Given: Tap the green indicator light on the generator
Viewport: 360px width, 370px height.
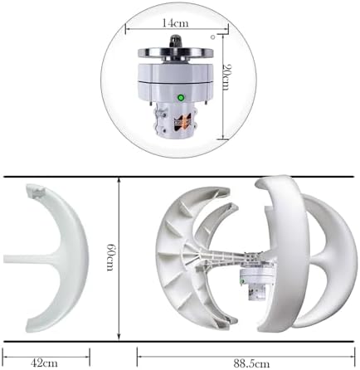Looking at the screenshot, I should pyautogui.click(x=180, y=98).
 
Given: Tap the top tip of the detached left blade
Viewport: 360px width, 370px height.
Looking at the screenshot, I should pyautogui.click(x=33, y=192).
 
